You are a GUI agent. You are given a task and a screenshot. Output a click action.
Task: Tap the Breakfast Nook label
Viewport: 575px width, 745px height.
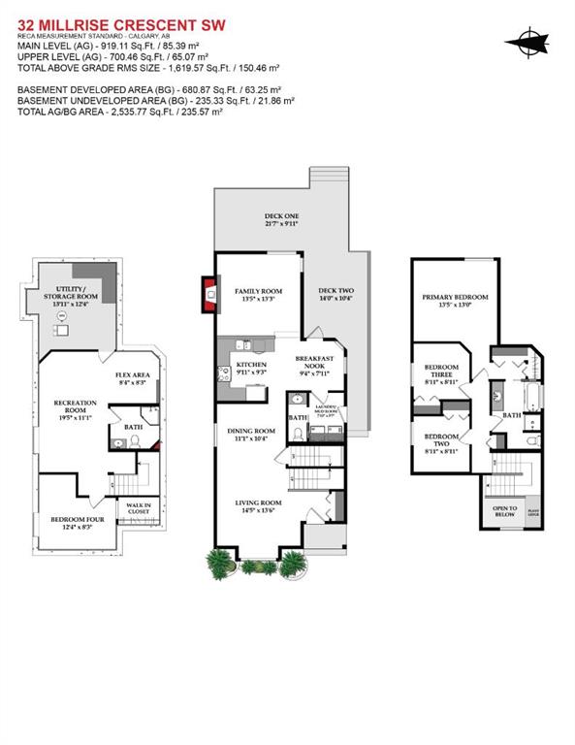314,363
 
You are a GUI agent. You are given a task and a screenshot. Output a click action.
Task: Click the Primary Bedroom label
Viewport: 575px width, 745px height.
455,301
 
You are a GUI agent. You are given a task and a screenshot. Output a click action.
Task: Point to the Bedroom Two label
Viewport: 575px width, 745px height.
441,446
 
